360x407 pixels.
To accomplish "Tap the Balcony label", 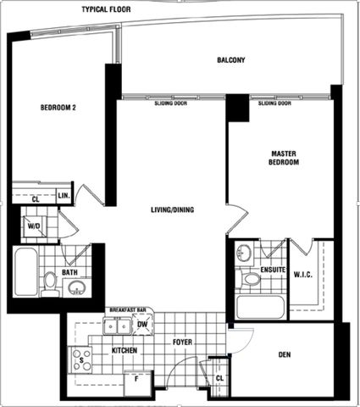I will [231, 60].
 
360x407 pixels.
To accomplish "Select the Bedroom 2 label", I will [58, 107].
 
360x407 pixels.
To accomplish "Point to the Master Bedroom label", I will [284, 157].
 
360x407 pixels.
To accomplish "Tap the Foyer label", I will [184, 343].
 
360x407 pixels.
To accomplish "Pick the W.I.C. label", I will [304, 274].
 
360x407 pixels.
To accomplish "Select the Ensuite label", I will [273, 270].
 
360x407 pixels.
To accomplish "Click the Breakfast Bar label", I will [130, 310].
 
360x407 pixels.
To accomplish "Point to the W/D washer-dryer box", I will [34, 226].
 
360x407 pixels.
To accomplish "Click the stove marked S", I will [81, 360].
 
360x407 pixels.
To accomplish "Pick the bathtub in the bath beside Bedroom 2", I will [25, 272].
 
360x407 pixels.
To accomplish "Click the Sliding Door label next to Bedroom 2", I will [170, 103].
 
